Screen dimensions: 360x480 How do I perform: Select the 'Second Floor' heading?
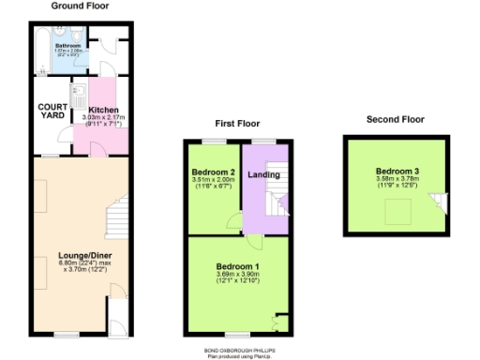(395, 119)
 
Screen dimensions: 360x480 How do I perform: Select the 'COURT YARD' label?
(52, 111)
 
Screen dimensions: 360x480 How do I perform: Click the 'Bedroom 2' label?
(213, 172)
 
